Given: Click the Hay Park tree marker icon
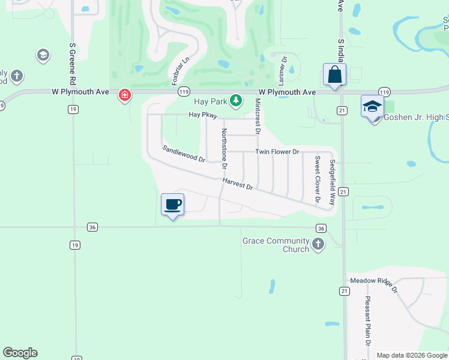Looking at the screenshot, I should click(236, 100).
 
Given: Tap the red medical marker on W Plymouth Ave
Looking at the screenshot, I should click(125, 95).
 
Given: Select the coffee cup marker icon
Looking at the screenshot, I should click(172, 205).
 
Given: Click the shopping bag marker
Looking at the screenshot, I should click(334, 76).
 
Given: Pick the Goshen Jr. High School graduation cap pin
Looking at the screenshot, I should click(372, 107).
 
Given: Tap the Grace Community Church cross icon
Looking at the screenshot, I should click(318, 244).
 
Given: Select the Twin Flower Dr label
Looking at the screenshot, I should click(277, 152).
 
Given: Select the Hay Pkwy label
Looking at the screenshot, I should click(202, 114).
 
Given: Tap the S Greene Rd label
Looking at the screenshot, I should click(72, 63).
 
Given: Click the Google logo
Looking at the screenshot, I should click(20, 353).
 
